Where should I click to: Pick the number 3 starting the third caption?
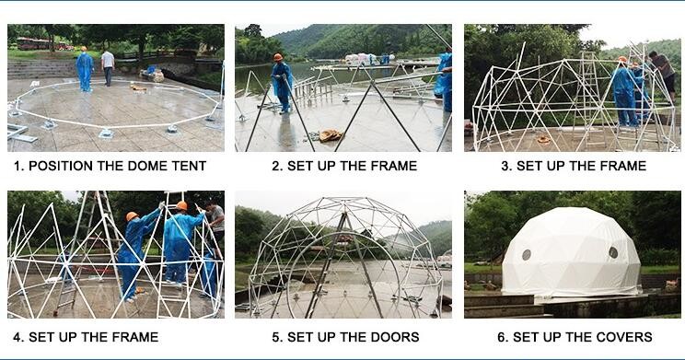point(506,166)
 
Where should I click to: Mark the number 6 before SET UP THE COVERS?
point(503,337)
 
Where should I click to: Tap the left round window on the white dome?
point(527,255)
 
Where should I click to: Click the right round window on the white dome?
point(613,252)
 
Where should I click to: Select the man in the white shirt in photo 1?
point(108,67)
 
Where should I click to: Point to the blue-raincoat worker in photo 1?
point(85,69)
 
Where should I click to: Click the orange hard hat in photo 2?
point(278,57)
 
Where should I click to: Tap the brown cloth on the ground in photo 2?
point(331,135)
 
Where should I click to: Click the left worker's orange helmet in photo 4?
point(132,216)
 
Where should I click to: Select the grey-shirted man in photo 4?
point(215,227)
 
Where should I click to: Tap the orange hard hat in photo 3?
point(622,60)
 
